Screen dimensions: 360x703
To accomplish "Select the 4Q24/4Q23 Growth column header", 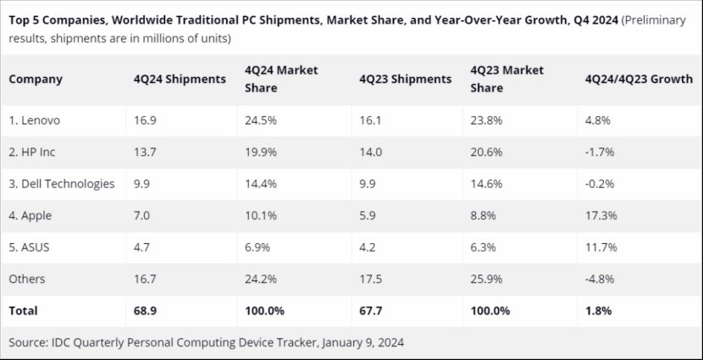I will point(639,79).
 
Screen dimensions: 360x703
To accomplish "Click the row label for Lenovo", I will point(35,120).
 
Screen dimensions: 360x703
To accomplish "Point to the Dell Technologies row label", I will point(61,184).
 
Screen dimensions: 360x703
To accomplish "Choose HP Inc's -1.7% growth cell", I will point(600,152).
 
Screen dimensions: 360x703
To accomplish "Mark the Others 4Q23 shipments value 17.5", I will point(370,279).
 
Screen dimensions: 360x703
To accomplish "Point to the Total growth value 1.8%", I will point(597,311).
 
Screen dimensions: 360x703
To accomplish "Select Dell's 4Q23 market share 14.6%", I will point(486,184).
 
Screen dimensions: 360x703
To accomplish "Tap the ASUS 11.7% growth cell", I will point(601,246).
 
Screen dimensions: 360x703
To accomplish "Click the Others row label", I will point(27,279).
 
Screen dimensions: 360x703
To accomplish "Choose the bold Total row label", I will point(24,311).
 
